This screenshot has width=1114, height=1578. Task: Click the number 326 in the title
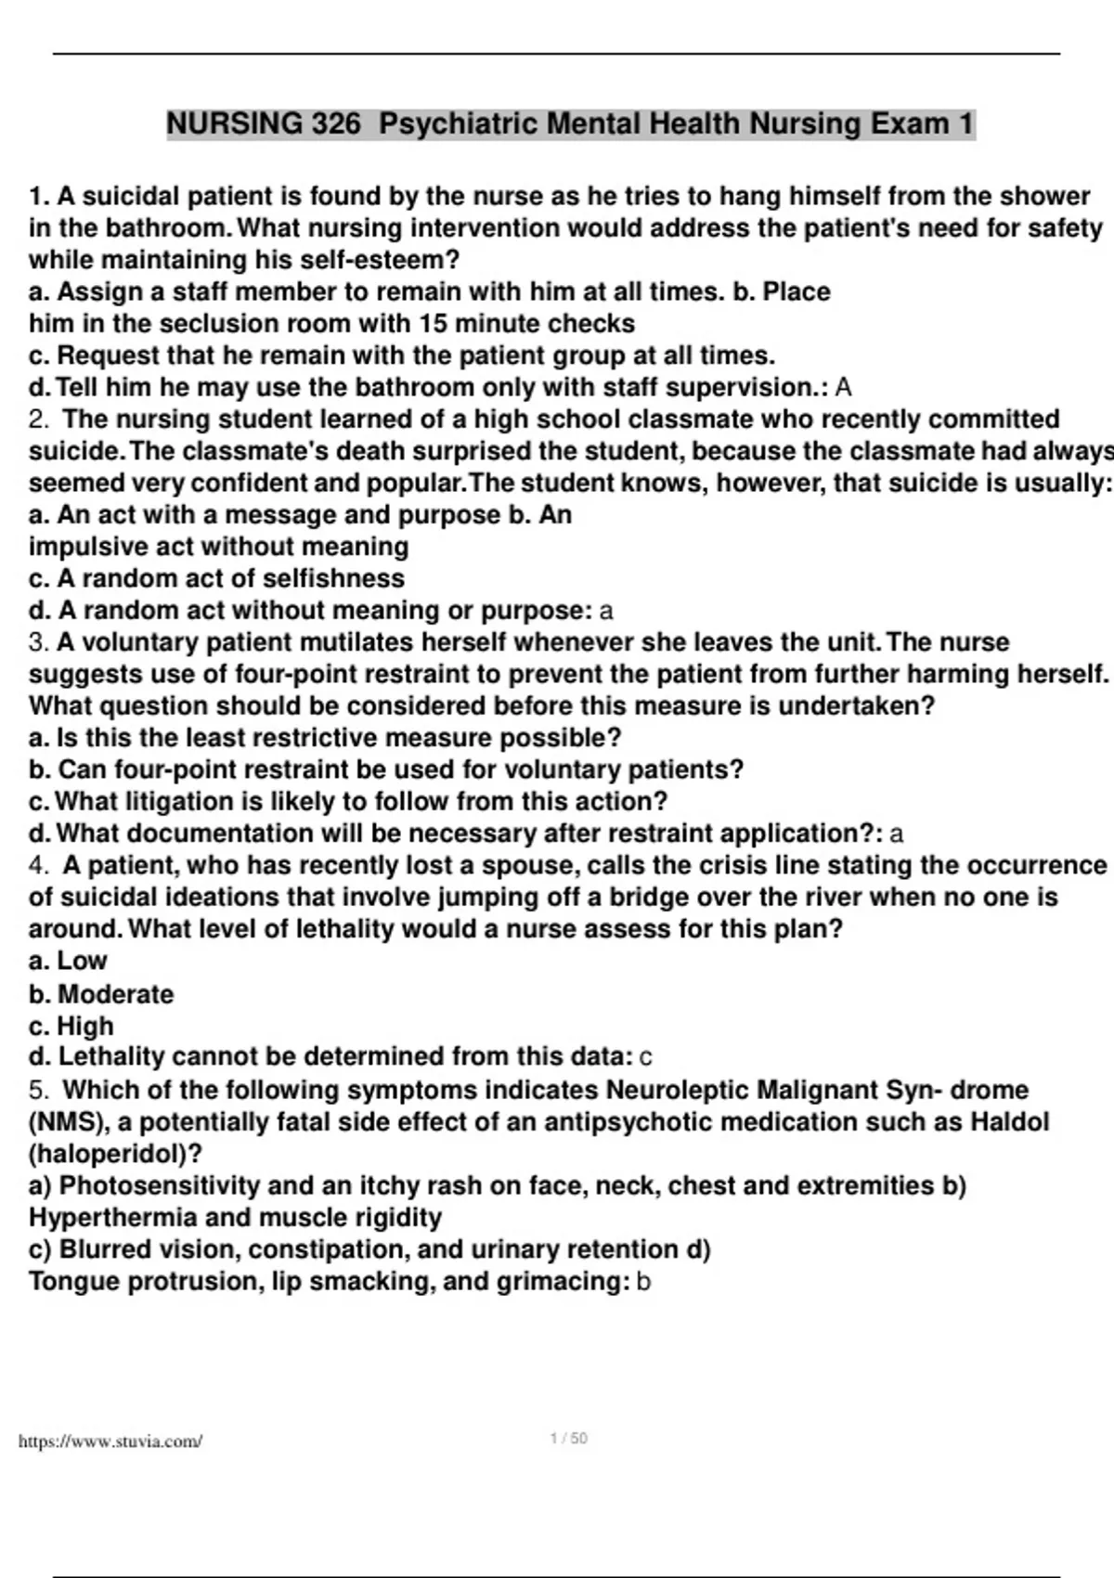click(330, 123)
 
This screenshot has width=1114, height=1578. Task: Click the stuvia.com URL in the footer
click(110, 1442)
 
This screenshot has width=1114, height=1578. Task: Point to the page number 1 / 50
click(568, 1439)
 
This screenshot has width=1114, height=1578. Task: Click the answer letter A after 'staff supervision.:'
click(843, 387)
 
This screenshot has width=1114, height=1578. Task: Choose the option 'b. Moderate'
click(101, 994)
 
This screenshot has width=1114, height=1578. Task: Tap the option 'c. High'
click(71, 1026)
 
